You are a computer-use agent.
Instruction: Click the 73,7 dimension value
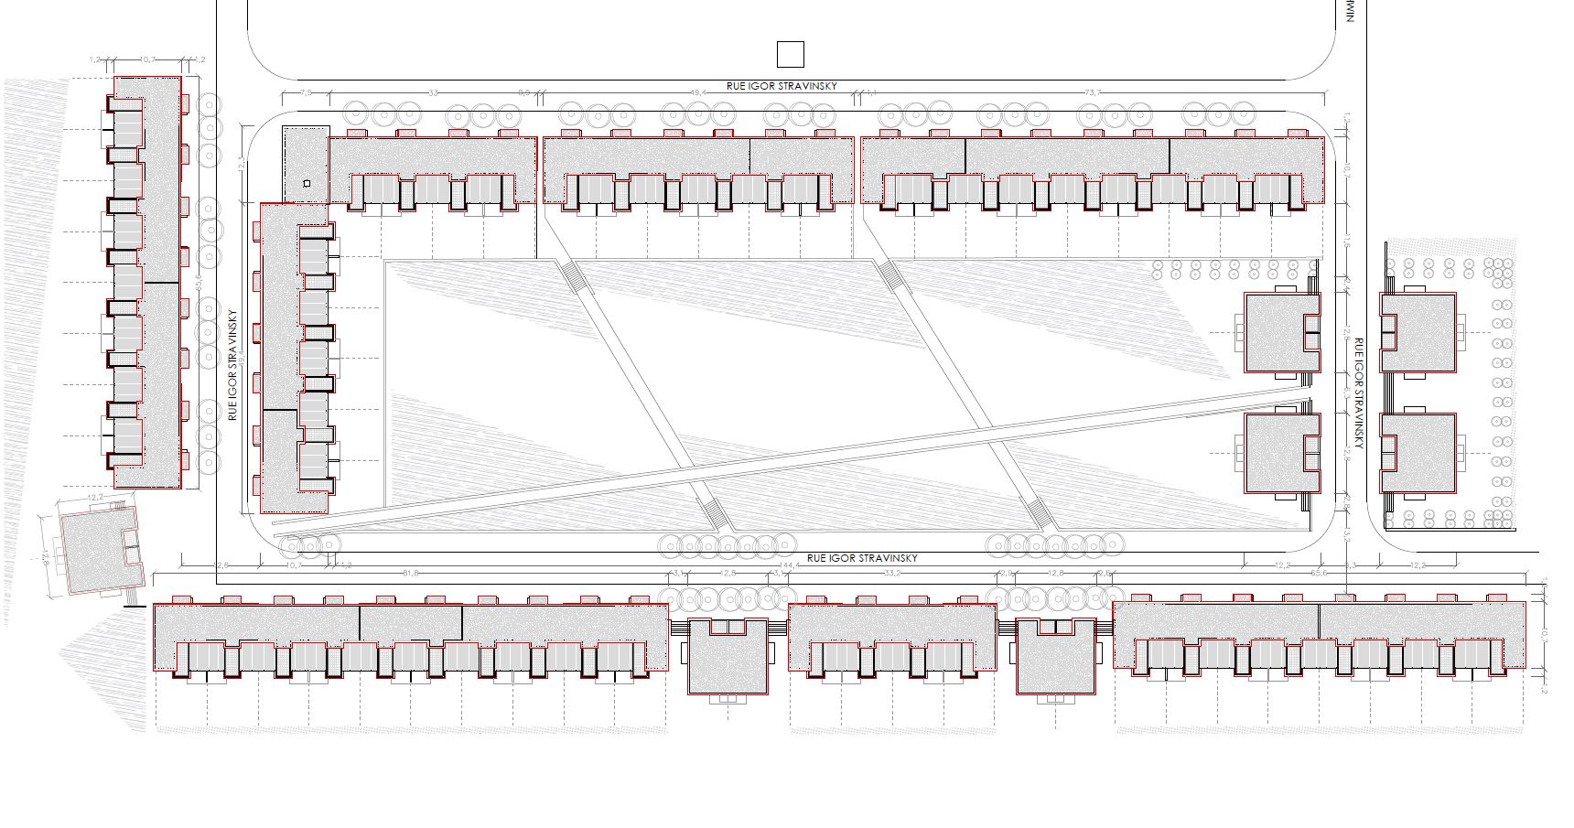click(x=1092, y=92)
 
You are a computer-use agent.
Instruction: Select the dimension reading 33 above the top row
click(x=433, y=92)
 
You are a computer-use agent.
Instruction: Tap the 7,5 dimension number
click(x=306, y=92)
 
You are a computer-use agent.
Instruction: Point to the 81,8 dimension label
click(x=410, y=574)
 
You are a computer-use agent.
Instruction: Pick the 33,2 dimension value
click(x=892, y=574)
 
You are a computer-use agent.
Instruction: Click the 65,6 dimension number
click(x=1320, y=574)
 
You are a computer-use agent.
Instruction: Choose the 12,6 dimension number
click(x=221, y=565)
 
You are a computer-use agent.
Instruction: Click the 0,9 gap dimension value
click(x=524, y=92)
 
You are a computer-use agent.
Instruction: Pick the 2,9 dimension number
click(x=1007, y=574)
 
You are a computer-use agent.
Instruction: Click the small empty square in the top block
click(x=790, y=55)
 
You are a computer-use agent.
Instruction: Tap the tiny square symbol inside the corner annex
click(x=307, y=184)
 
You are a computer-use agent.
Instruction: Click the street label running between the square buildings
click(x=1359, y=393)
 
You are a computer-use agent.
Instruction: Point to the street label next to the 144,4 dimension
click(x=861, y=557)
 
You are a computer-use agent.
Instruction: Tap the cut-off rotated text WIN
click(x=1349, y=11)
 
